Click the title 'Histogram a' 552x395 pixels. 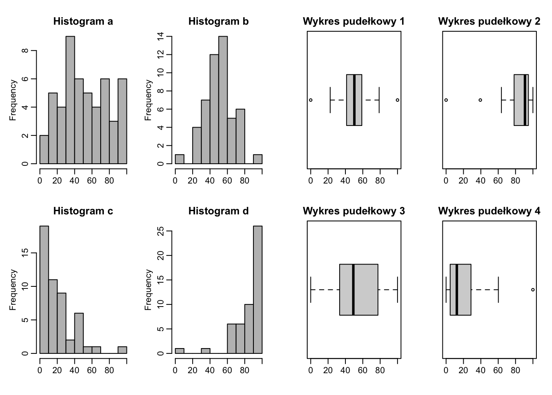(83, 21)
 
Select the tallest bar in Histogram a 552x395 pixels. (70, 100)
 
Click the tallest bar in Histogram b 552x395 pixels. (223, 100)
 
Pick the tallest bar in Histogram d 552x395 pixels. (258, 289)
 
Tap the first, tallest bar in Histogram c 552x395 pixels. (44, 289)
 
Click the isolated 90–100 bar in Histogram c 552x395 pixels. (122, 350)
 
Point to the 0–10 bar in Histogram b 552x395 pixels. (179, 159)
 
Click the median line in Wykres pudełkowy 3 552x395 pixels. (353, 290)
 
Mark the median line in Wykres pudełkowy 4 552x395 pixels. (457, 290)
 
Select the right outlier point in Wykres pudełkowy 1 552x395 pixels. (397, 100)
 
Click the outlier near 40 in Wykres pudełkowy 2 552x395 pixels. (480, 100)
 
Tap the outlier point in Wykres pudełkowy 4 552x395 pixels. (533, 290)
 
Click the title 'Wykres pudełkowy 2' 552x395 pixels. (489, 21)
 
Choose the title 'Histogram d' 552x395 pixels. (218, 211)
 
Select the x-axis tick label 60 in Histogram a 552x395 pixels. (92, 181)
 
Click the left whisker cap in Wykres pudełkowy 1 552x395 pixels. (330, 100)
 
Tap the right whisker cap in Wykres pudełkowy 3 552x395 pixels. (398, 290)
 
